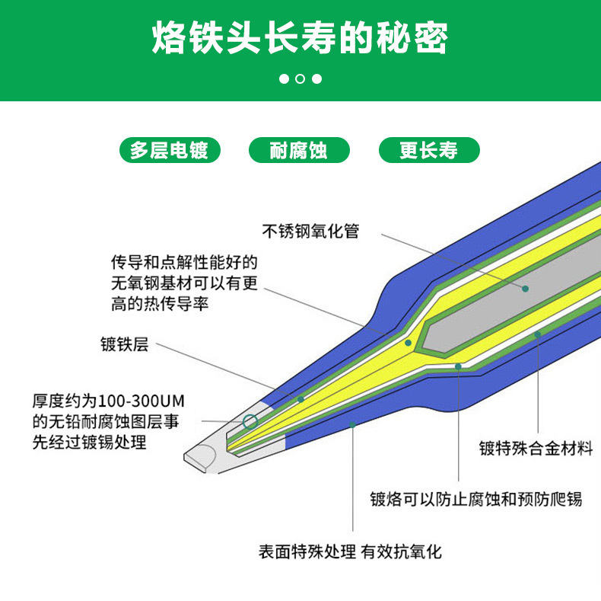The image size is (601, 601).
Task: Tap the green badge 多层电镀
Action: pyautogui.click(x=169, y=150)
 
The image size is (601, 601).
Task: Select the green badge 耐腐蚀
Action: pyautogui.click(x=299, y=150)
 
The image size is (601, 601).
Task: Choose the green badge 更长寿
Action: pyautogui.click(x=428, y=150)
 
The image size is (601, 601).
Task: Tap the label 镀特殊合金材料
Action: pyautogui.click(x=536, y=448)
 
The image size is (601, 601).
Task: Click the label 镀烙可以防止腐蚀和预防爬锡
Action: pyautogui.click(x=475, y=500)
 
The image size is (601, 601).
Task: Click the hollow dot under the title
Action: pyautogui.click(x=300, y=78)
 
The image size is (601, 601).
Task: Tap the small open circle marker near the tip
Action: pyautogui.click(x=250, y=420)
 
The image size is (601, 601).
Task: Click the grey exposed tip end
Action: pyautogui.click(x=199, y=457)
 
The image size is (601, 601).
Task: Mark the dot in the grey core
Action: pyautogui.click(x=525, y=289)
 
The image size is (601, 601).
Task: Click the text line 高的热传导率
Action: pyautogui.click(x=160, y=303)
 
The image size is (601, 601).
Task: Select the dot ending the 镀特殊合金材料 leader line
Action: pyautogui.click(x=537, y=334)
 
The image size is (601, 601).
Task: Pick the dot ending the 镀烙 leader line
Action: pyautogui.click(x=458, y=366)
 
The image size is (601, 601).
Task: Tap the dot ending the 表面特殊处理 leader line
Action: pyautogui.click(x=353, y=424)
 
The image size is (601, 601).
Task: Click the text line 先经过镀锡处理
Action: pyautogui.click(x=89, y=443)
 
